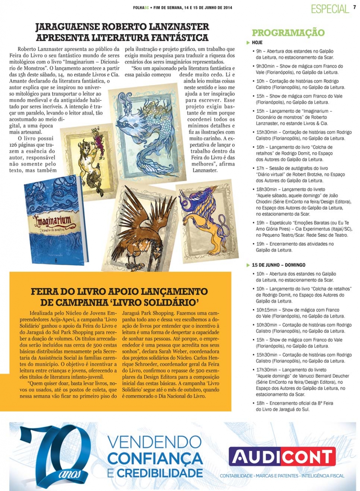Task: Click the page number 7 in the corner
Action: click(355, 7)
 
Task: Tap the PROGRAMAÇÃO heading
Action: click(288, 33)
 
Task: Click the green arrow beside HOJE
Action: click(248, 42)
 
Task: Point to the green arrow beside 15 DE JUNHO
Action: click(248, 265)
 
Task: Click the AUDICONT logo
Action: click(282, 456)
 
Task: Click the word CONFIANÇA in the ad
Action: click(155, 458)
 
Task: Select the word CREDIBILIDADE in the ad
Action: click(160, 473)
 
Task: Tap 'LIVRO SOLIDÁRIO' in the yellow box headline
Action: click(168, 302)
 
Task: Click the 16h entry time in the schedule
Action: click(260, 147)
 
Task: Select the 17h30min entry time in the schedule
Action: click(266, 370)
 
